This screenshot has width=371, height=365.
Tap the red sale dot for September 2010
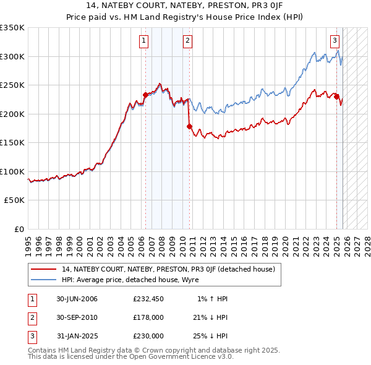pyautogui.click(x=190, y=126)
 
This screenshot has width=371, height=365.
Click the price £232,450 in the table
pyautogui.click(x=148, y=299)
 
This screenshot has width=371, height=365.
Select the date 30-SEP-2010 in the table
pyautogui.click(x=77, y=317)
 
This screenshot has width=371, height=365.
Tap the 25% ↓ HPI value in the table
pyautogui.click(x=210, y=336)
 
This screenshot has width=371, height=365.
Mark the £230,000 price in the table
pyautogui.click(x=148, y=336)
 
